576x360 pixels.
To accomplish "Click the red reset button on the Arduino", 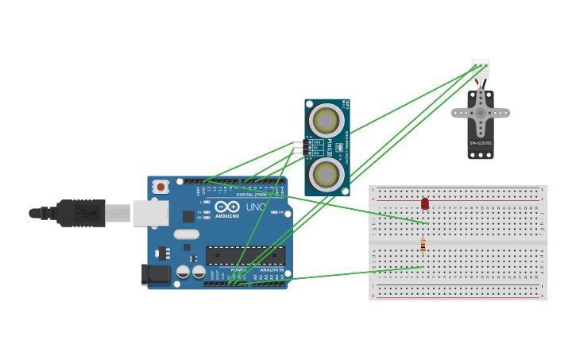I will (161, 187).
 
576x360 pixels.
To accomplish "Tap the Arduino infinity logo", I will (226, 207).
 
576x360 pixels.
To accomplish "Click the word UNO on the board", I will (256, 207).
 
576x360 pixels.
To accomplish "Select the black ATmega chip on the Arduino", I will (245, 255).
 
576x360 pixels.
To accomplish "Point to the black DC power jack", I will (156, 274).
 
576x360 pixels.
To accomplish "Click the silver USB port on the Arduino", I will (150, 213).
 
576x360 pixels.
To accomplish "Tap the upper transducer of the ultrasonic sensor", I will (327, 121).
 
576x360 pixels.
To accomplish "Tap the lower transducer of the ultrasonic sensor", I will (327, 173).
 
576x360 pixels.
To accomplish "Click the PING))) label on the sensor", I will (329, 147).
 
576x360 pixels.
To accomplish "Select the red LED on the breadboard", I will (425, 204).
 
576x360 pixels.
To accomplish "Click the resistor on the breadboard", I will (423, 246).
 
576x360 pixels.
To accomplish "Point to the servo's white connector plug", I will (481, 69).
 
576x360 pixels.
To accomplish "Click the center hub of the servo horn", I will (481, 113).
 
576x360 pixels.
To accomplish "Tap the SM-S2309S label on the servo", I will (481, 143).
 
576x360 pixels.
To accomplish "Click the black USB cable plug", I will (79, 213).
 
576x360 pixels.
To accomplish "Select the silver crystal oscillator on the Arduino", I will (187, 234).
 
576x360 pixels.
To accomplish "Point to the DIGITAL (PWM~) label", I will (251, 195).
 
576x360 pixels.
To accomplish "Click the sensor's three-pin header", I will (299, 148).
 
